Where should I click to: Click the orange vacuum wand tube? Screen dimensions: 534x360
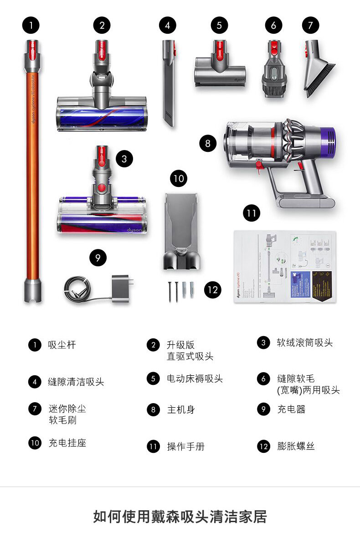[32, 173]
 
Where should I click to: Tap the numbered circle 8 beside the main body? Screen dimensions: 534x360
[208, 144]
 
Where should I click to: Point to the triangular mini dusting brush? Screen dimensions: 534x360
[319, 73]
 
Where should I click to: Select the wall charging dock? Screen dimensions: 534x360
[180, 230]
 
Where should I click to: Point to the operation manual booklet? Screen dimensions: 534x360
[285, 267]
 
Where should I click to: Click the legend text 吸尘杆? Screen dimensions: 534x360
[62, 345]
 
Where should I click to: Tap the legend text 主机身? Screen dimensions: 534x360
[181, 410]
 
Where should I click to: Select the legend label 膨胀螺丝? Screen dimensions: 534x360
[296, 446]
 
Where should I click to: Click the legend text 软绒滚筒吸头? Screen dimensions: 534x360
[305, 342]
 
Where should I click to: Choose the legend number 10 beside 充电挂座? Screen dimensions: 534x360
[35, 443]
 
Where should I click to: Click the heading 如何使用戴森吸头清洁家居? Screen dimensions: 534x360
[180, 517]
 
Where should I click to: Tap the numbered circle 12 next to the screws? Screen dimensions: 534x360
[212, 290]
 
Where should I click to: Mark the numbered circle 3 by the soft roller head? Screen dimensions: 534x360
[124, 159]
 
